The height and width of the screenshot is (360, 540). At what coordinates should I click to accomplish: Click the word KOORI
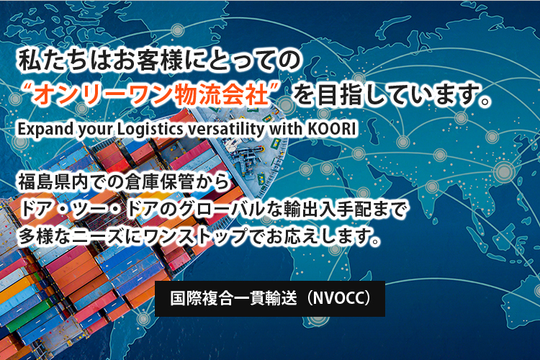[x=330, y=129]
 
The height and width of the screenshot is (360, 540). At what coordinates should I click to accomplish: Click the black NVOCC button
[x=270, y=299]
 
